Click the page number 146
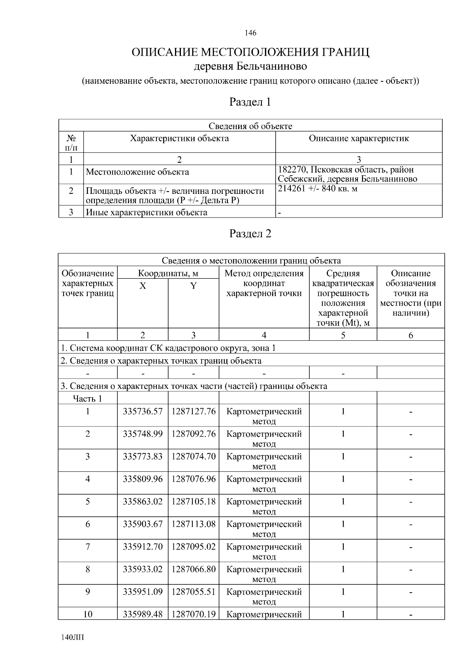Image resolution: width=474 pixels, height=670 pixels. [x=250, y=33]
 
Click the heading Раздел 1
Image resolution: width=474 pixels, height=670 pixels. [x=250, y=102]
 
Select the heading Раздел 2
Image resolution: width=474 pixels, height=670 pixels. [x=250, y=234]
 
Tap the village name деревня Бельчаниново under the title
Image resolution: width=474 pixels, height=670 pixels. [x=250, y=66]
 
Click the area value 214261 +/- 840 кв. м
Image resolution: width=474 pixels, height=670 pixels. [x=318, y=188]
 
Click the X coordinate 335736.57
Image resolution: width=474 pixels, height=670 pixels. [x=143, y=411]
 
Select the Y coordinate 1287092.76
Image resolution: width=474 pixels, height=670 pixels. [x=194, y=434]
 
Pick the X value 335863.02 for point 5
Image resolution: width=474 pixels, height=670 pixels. [x=143, y=501]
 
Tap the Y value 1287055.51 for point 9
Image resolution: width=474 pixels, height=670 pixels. [x=194, y=591]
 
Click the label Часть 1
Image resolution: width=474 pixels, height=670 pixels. [x=87, y=399]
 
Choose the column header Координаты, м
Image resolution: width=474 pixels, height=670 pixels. [x=168, y=273]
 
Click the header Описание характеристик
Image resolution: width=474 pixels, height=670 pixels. [x=358, y=139]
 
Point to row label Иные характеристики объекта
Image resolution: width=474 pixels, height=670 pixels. [x=147, y=212]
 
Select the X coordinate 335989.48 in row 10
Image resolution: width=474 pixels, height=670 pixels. [x=143, y=614]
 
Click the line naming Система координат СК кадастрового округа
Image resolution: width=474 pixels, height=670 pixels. [x=168, y=348]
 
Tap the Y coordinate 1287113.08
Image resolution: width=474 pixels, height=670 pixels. [x=194, y=524]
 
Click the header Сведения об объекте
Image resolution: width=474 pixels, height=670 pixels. [x=250, y=126]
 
